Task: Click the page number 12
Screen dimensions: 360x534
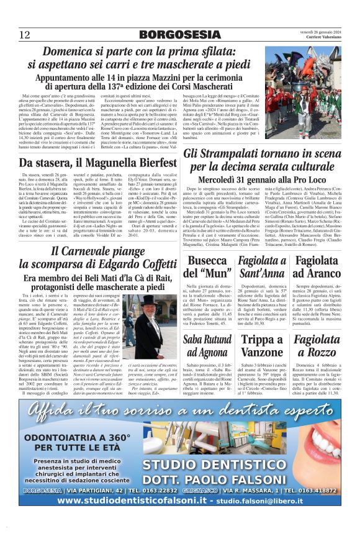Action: [24, 34]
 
